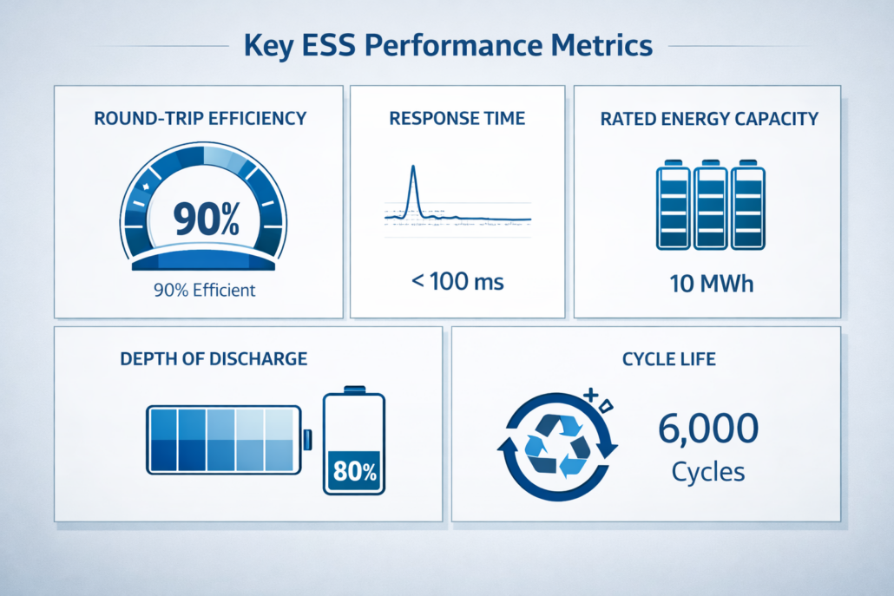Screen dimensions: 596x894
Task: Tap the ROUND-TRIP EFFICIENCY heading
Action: [199, 119]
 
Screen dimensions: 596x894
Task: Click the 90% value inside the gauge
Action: [206, 218]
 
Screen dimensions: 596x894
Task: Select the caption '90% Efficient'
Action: [205, 290]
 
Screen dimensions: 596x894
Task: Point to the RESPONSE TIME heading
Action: [457, 119]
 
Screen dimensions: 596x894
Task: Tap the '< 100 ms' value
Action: [457, 281]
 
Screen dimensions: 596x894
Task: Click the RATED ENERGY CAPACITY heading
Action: [709, 119]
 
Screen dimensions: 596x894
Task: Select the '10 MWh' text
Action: [710, 283]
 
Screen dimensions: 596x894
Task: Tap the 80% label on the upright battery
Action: [354, 473]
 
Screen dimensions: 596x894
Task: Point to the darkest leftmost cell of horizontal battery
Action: [163, 453]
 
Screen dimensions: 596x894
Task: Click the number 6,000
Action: [708, 428]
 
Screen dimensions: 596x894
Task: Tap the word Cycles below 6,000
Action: [708, 472]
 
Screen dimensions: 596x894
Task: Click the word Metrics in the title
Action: [600, 44]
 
